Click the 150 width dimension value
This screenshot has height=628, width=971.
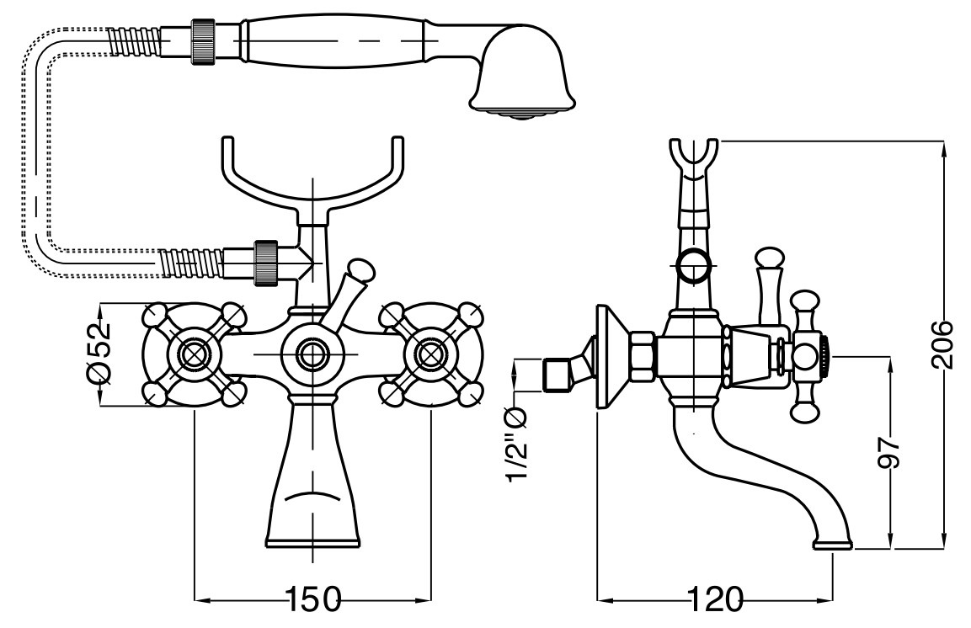[313, 601]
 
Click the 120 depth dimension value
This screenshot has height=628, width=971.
[717, 601]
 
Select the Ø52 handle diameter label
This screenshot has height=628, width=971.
[100, 354]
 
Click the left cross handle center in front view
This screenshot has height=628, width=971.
[195, 354]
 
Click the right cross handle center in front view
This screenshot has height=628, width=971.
[430, 354]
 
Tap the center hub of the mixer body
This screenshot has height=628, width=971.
[312, 354]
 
